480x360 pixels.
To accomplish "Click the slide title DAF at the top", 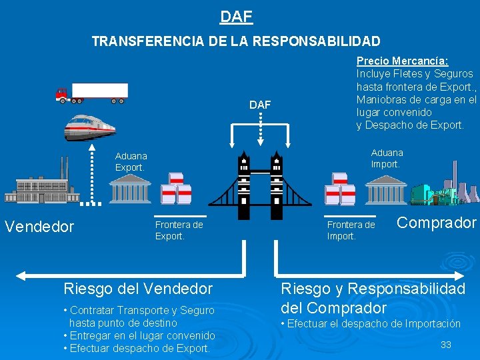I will tap(236, 15).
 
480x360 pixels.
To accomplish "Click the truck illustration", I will tap(91, 93).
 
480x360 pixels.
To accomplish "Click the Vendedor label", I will tap(39, 227).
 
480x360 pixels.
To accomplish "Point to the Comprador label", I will tap(437, 223).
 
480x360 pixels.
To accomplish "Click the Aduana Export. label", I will tap(131, 162).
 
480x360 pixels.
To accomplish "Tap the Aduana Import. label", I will tap(387, 158).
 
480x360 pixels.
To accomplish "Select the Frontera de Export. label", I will tap(179, 230).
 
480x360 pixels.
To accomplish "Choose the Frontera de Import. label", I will tap(351, 230).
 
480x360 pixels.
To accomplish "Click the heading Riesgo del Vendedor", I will tap(138, 289).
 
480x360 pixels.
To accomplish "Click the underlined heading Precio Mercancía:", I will tap(402, 61).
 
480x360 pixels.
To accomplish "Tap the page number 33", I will tap(446, 345).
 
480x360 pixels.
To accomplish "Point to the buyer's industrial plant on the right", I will tap(443, 191).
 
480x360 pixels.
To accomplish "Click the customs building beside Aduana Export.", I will tap(130, 190).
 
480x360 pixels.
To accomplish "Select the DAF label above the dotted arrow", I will tap(260, 105).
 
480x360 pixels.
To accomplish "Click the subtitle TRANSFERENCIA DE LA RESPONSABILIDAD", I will tap(236, 41).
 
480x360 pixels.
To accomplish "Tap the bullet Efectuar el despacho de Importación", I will tap(373, 324).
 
